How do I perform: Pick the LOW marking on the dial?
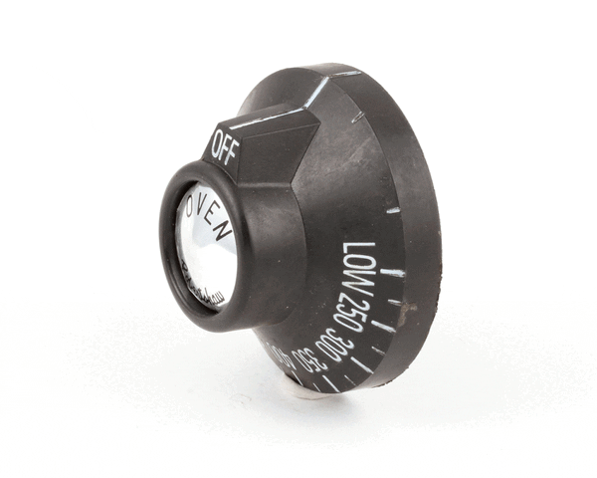coord(355,267)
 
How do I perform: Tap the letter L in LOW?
coord(353,249)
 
